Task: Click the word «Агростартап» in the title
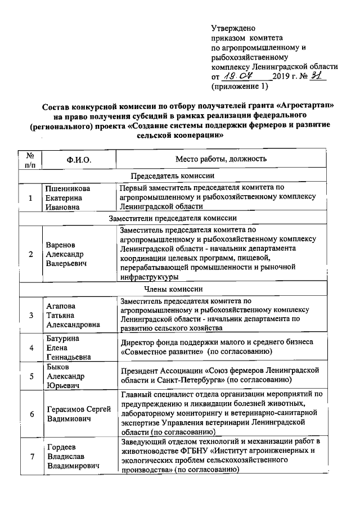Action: click(x=309, y=106)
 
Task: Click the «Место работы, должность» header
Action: click(x=217, y=159)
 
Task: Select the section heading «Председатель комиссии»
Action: click(x=173, y=176)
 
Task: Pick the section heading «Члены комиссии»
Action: click(x=173, y=289)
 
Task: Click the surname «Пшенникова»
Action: click(x=68, y=188)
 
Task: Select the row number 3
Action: click(x=31, y=315)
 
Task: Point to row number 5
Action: click(x=31, y=376)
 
